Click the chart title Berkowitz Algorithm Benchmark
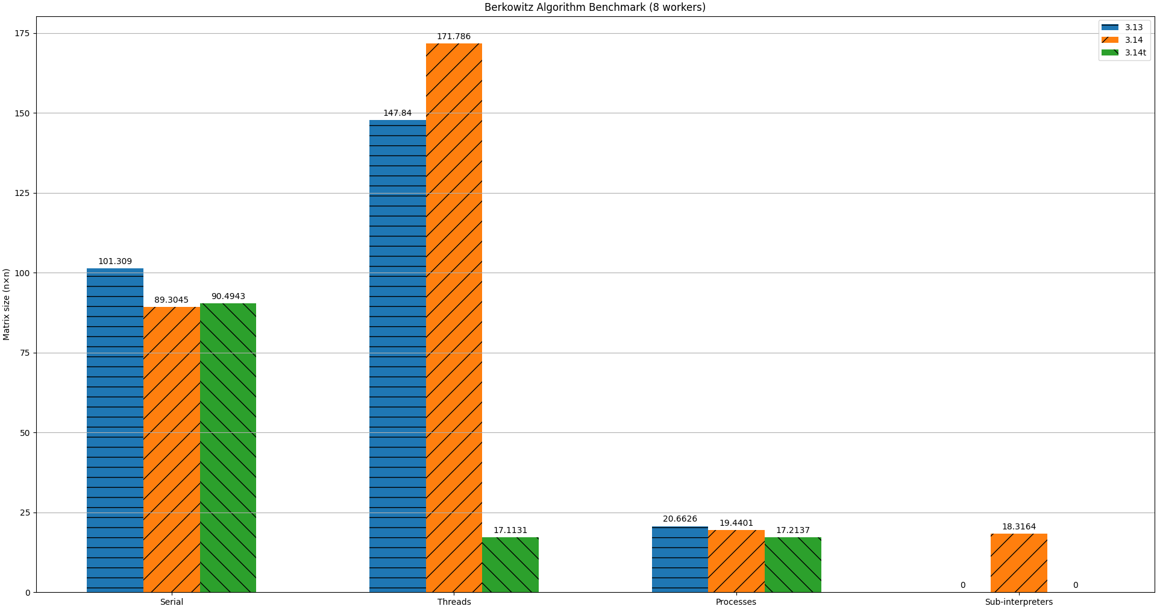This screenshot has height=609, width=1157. tap(595, 7)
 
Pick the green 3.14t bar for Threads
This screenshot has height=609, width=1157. tap(510, 565)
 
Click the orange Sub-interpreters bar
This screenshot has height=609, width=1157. tap(1018, 563)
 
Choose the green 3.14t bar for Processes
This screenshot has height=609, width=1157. tap(792, 565)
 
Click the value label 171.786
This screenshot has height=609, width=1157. tap(454, 37)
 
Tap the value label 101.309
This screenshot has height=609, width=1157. tap(115, 262)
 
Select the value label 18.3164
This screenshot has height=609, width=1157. tap(1018, 527)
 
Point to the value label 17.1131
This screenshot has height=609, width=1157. tap(510, 531)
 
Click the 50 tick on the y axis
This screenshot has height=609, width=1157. tap(25, 433)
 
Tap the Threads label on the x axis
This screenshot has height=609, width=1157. tap(454, 602)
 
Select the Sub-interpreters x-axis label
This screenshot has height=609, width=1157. tap(1018, 602)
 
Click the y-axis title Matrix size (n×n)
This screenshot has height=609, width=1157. tap(7, 304)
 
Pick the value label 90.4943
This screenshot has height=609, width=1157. tap(228, 297)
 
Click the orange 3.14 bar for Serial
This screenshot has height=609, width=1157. tap(172, 449)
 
